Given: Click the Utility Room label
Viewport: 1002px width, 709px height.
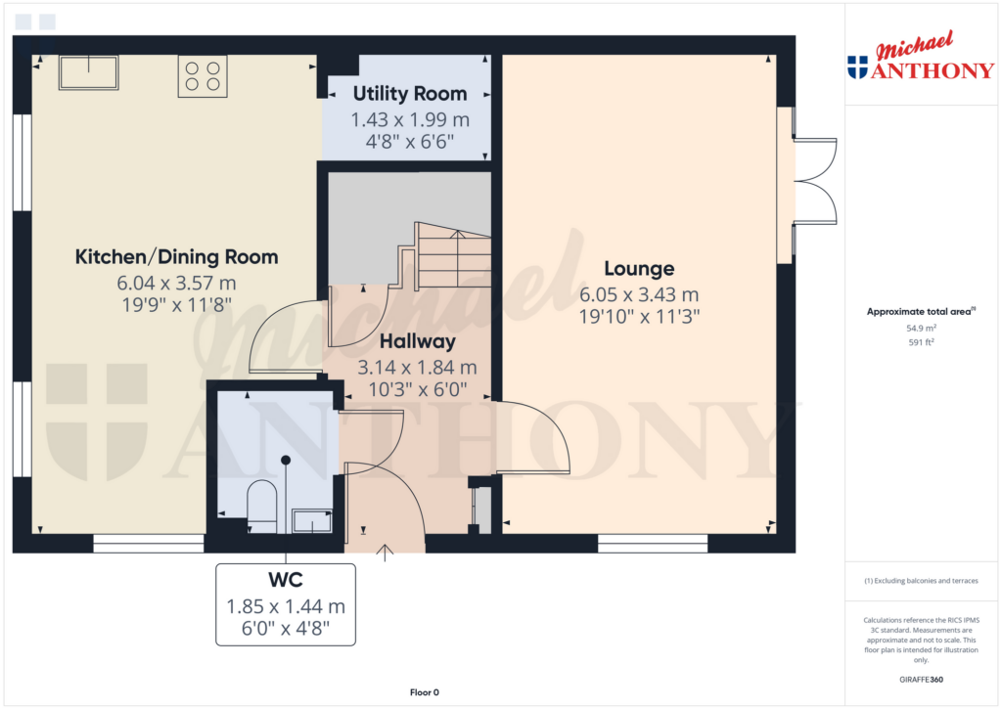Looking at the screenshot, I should [x=409, y=94].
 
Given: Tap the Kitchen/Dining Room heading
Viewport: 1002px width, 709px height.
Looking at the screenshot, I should [x=176, y=257].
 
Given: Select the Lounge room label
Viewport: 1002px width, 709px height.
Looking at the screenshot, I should [x=639, y=268].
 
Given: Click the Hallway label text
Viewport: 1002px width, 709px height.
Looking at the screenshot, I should [x=419, y=341].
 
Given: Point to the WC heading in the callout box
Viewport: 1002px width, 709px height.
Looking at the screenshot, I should [x=285, y=580].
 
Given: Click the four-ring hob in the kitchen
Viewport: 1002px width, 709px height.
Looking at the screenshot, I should [x=203, y=76].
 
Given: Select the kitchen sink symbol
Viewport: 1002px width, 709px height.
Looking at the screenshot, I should [x=88, y=72].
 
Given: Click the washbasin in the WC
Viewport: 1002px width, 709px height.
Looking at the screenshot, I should [x=312, y=521].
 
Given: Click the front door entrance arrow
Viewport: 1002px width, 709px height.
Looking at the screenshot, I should [x=385, y=553].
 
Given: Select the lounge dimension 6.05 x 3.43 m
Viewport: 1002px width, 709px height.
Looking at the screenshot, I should [x=639, y=294].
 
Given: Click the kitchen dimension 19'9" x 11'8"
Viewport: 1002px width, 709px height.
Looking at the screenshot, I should [x=176, y=304].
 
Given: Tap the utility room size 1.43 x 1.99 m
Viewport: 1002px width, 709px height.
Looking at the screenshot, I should [x=409, y=119].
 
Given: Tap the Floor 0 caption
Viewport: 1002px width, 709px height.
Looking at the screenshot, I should [x=424, y=692].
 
